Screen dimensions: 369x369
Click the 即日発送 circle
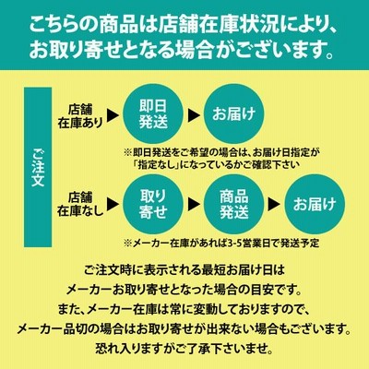153,114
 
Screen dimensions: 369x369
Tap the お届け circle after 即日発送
233,114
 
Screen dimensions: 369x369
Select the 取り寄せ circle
153,204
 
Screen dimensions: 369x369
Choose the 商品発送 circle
233,204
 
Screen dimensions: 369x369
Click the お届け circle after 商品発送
315,204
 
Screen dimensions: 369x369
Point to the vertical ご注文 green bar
38,167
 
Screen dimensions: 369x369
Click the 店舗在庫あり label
80,116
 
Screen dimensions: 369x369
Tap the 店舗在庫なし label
80,205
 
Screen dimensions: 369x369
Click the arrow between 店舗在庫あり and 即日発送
113,115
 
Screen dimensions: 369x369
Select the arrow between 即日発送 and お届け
194,115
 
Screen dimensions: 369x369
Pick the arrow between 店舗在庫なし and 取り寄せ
113,204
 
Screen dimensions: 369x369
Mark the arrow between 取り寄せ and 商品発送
194,204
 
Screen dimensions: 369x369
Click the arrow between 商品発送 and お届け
274,204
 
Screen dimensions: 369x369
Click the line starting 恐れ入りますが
184,350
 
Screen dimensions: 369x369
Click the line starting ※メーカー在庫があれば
221,244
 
